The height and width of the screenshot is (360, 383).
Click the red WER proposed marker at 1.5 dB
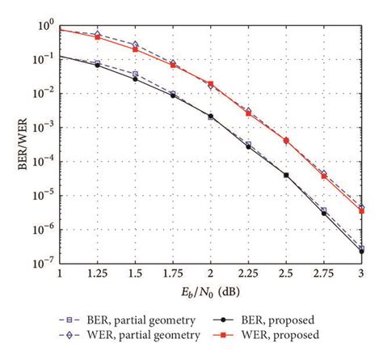135,50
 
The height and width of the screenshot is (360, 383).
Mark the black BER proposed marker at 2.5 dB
285,175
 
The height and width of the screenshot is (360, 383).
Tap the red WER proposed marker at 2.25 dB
248,113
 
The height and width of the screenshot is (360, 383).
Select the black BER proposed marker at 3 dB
360,252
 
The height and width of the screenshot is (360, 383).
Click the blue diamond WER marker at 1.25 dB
98,35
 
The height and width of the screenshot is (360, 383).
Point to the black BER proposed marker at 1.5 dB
135,79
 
